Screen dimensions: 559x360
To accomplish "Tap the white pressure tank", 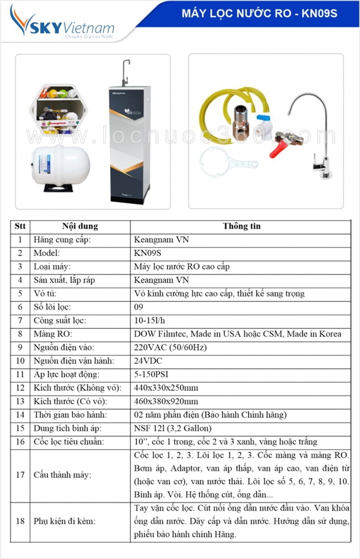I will click(60, 165).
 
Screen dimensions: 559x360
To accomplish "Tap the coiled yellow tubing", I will click(224, 109).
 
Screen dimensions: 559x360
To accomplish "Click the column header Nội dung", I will click(80, 226).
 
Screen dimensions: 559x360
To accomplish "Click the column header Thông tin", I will click(241, 226).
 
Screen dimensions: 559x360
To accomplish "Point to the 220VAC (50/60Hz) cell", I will click(170, 347).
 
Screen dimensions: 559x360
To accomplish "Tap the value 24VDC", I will click(148, 361).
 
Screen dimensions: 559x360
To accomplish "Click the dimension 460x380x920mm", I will click(166, 401).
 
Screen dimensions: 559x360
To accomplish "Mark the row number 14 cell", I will click(20, 415).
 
